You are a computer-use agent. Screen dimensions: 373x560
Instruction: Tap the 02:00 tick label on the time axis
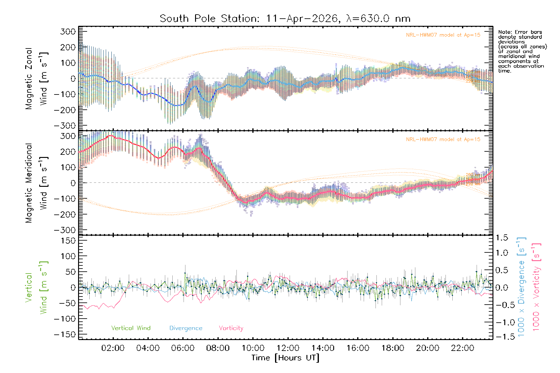pyautogui.click(x=113, y=348)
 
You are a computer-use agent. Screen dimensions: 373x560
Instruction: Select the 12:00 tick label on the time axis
pyautogui.click(x=288, y=348)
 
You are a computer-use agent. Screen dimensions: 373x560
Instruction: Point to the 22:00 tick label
pyautogui.click(x=463, y=348)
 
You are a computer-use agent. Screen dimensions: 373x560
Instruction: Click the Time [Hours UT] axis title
pyautogui.click(x=285, y=358)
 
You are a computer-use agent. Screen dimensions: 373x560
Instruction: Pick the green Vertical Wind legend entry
pyautogui.click(x=131, y=328)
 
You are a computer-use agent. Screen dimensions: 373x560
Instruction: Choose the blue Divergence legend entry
pyautogui.click(x=186, y=328)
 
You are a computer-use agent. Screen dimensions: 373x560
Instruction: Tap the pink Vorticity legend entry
pyautogui.click(x=231, y=328)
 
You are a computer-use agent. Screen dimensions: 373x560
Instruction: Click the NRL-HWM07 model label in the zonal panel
pyautogui.click(x=443, y=35)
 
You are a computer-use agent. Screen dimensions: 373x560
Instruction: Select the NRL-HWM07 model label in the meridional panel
pyautogui.click(x=443, y=140)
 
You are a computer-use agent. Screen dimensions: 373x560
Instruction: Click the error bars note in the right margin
pyautogui.click(x=522, y=51)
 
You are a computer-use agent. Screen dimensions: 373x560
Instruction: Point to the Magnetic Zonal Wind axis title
pyautogui.click(x=36, y=79)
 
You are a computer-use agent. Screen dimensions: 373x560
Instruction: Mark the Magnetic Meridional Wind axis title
pyautogui.click(x=36, y=183)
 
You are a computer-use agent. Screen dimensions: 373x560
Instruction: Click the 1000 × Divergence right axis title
pyautogui.click(x=521, y=287)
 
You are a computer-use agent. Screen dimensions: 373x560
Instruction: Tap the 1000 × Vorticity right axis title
pyautogui.click(x=536, y=287)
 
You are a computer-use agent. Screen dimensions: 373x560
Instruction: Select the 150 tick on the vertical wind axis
pyautogui.click(x=68, y=241)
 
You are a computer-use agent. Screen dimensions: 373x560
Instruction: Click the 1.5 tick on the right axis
pyautogui.click(x=502, y=238)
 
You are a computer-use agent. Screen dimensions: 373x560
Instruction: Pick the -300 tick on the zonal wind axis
pyautogui.click(x=65, y=126)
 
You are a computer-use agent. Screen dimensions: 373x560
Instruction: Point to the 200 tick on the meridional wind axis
pyautogui.click(x=68, y=152)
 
